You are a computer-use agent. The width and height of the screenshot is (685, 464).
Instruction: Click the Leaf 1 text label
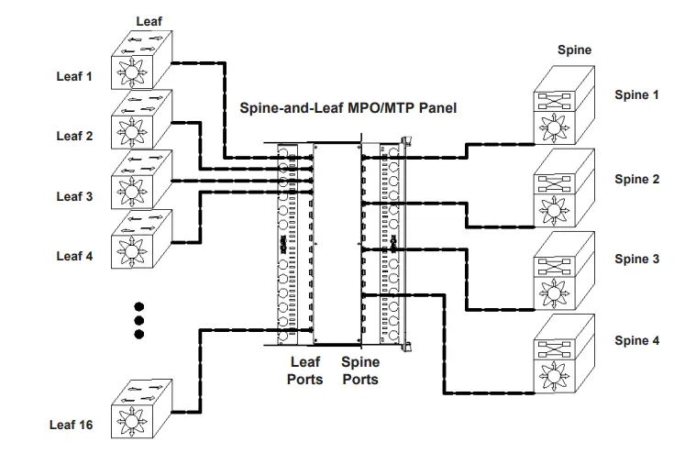[74, 76]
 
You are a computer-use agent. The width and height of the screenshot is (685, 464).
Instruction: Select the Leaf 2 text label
[74, 136]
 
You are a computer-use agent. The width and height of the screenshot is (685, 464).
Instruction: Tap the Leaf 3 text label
[74, 196]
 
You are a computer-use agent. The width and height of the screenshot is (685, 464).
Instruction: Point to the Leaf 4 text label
[74, 256]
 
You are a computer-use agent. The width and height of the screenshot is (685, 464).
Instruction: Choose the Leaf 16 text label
[71, 425]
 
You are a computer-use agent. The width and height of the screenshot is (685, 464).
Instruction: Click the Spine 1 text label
[636, 94]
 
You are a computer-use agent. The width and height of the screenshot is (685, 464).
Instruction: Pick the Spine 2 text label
[636, 180]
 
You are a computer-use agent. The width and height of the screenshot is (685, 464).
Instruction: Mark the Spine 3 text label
[636, 260]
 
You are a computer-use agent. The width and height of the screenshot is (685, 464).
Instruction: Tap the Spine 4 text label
[636, 340]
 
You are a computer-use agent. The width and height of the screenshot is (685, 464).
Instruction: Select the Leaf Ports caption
[304, 370]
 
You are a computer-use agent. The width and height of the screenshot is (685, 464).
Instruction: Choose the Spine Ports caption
[360, 370]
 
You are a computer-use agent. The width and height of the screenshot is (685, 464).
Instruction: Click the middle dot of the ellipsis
[139, 320]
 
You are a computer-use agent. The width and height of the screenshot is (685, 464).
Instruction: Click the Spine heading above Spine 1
[575, 50]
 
